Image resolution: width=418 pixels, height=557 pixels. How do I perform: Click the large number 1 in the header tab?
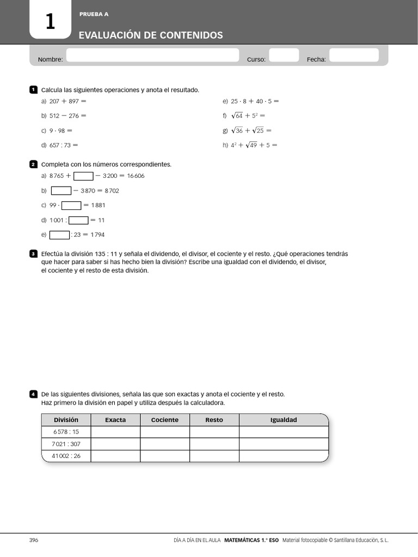tap(50, 22)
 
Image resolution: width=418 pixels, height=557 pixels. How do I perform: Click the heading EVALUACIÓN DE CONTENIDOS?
tap(151, 35)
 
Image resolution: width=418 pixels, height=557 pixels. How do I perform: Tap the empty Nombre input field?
tap(152, 55)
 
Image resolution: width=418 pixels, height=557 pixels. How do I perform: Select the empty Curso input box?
tap(284, 55)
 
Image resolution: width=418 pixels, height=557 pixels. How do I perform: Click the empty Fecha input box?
tap(354, 55)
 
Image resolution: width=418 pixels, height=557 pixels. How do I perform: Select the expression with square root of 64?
tap(248, 116)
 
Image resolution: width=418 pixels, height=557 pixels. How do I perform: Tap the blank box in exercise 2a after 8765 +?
tap(83, 176)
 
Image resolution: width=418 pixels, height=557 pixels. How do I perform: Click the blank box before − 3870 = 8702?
tap(61, 191)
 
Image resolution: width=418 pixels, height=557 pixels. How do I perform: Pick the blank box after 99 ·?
tap(71, 206)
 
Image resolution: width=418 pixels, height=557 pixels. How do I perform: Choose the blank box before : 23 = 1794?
tap(59, 235)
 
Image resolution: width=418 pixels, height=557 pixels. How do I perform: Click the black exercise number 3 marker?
tap(33, 254)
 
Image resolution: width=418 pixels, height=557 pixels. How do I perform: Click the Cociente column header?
tap(165, 420)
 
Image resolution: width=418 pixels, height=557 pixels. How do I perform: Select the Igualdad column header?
tap(284, 420)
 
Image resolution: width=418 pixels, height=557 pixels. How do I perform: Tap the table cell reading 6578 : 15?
tap(66, 432)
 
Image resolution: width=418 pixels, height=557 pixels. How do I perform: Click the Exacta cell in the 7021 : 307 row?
tap(115, 444)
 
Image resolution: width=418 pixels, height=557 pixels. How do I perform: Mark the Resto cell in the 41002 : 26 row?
tap(214, 456)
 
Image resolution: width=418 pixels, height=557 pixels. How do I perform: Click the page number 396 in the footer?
tap(34, 540)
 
